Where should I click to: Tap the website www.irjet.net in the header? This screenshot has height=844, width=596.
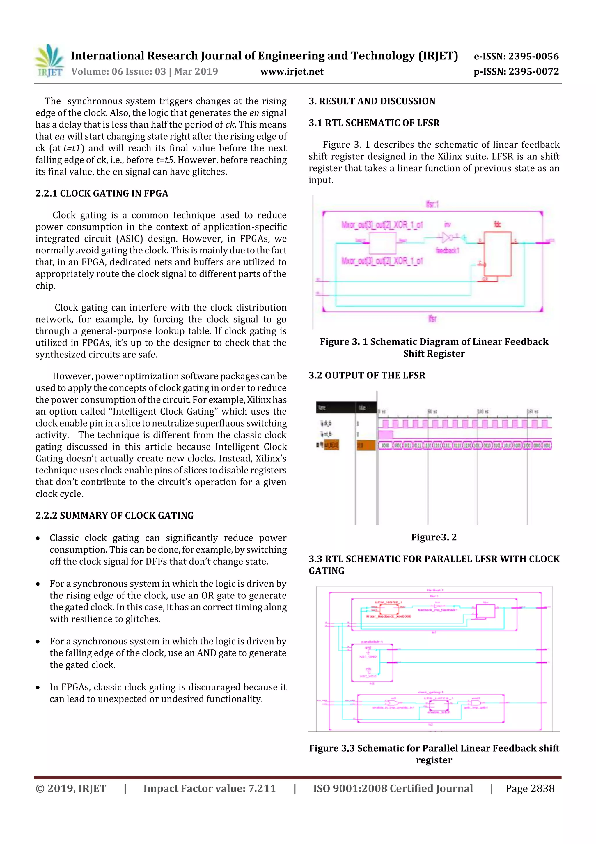click(x=292, y=72)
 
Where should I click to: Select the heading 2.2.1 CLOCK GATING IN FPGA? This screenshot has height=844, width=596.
click(x=102, y=193)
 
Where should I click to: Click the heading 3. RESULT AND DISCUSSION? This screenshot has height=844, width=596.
click(x=372, y=101)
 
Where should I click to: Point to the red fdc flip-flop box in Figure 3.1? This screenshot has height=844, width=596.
click(x=497, y=254)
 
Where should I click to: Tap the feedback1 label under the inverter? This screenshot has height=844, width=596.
click(x=447, y=251)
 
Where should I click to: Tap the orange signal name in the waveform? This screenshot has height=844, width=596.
click(x=331, y=445)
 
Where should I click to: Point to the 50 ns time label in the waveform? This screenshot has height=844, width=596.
click(x=432, y=412)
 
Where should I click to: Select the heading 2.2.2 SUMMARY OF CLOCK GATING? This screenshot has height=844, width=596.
click(x=115, y=515)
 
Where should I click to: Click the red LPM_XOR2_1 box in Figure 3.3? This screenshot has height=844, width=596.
click(x=389, y=609)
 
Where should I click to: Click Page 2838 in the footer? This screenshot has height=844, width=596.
click(x=530, y=788)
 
